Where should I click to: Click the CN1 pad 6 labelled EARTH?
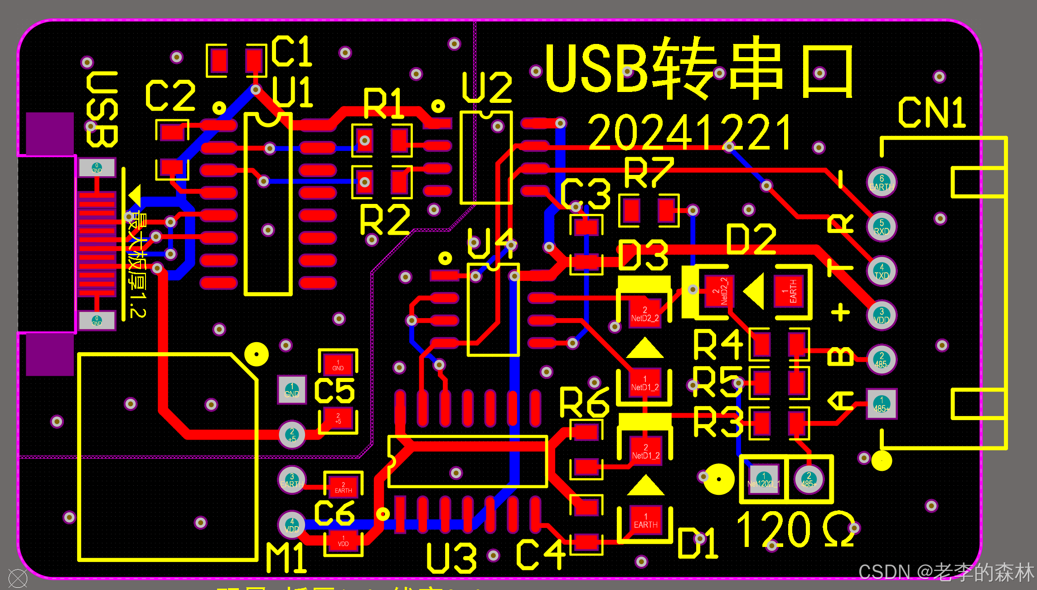pyautogui.click(x=882, y=182)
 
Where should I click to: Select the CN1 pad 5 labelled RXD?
pyautogui.click(x=882, y=227)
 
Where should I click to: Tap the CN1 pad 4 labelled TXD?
pyautogui.click(x=882, y=271)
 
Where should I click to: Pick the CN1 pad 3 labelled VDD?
pyautogui.click(x=882, y=315)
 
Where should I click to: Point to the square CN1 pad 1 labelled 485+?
pyautogui.click(x=882, y=404)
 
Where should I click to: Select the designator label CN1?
pyautogui.click(x=932, y=112)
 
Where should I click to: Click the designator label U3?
pyautogui.click(x=452, y=558)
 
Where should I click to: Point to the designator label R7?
pyautogui.click(x=649, y=173)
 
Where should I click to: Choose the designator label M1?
pyautogui.click(x=286, y=558)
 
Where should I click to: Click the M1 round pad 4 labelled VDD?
pyautogui.click(x=292, y=525)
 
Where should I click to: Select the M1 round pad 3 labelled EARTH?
pyautogui.click(x=292, y=480)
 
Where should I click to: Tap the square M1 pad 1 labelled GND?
pyautogui.click(x=292, y=390)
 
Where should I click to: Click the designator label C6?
pyautogui.click(x=334, y=513)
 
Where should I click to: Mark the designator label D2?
pyautogui.click(x=751, y=239)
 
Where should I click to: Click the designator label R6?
pyautogui.click(x=584, y=402)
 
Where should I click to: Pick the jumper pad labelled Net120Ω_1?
pyautogui.click(x=764, y=479)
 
